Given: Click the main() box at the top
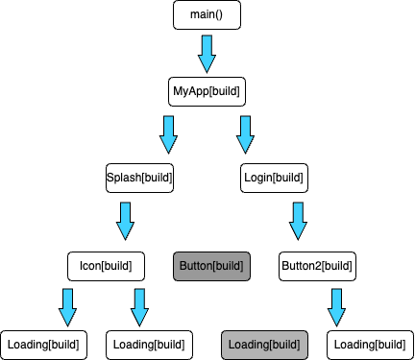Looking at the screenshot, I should coord(206,15).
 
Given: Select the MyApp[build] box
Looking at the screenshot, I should coord(206,91).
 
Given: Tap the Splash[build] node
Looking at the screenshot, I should coord(143,178).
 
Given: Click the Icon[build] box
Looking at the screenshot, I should coord(106,265).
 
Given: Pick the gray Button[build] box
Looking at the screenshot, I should coord(211,265).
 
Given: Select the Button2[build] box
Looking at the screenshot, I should coord(317,265).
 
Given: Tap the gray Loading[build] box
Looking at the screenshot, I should coord(264,344).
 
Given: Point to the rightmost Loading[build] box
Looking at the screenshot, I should coord(370,344).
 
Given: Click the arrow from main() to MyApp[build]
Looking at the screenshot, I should coord(207,53).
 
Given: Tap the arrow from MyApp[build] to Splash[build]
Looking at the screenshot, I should coord(168,134).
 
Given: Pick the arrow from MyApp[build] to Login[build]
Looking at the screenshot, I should coord(245,134).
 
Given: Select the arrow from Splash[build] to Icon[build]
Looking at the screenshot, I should coord(125,221).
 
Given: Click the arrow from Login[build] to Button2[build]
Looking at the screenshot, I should coord(298,221).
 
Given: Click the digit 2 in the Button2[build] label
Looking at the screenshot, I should coord(313,265).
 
